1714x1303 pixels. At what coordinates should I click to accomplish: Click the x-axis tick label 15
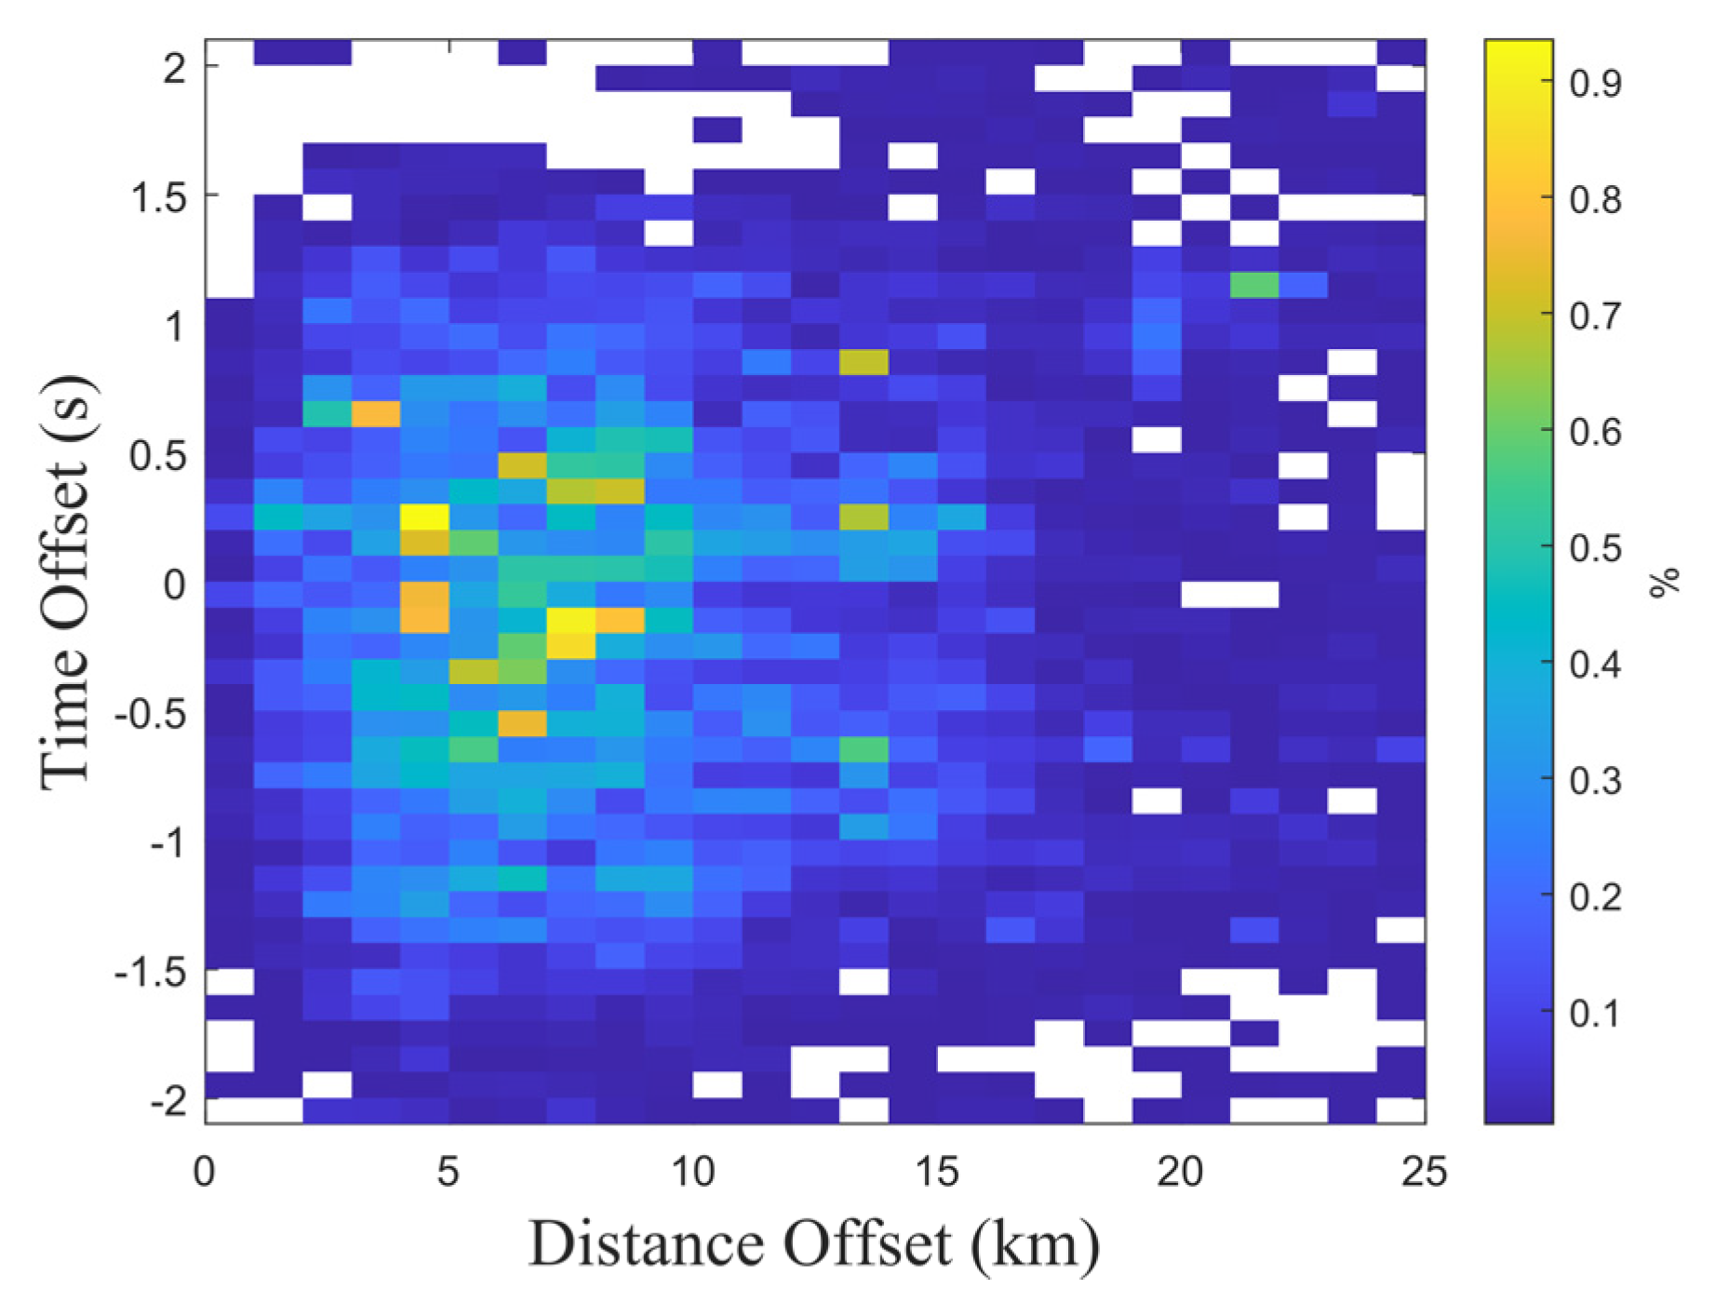coord(936,1171)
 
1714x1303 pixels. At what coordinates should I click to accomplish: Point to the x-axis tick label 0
coord(205,1171)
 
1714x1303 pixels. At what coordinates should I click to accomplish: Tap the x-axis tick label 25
coord(1424,1171)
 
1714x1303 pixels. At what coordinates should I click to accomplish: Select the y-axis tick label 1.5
coord(160,197)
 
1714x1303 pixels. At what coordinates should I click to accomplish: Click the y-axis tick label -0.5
coord(149,715)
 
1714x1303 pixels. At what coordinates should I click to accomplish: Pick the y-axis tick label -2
coord(169,1102)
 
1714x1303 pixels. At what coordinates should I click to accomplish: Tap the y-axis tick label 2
coord(175,68)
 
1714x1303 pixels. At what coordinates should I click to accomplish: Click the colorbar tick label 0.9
coord(1595,84)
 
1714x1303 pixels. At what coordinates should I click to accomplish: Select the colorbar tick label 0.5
coord(1595,548)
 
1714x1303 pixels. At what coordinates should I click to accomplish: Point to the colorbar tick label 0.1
coord(1595,1013)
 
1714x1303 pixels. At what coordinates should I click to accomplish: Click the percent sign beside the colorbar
coord(1665,581)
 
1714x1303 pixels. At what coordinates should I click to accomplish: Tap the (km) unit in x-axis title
coord(1035,1243)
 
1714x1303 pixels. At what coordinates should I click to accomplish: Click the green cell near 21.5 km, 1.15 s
coord(1253,285)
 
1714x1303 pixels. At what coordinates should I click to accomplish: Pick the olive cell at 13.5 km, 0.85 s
coord(864,362)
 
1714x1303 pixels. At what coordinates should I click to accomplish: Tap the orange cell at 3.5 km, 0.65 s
coord(376,413)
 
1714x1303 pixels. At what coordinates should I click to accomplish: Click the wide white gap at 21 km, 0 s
coord(1229,594)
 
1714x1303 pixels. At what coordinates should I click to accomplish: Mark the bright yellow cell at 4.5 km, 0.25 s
coord(424,517)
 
